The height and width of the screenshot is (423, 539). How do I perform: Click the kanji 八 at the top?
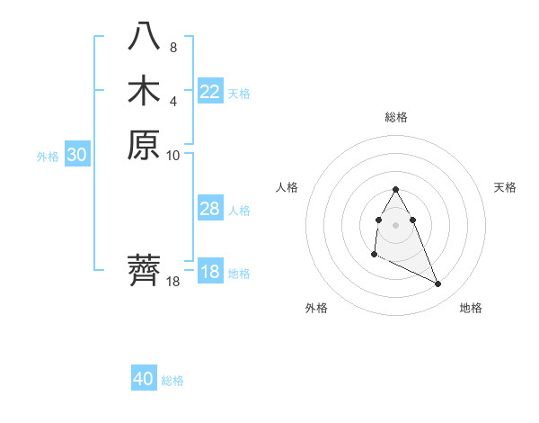144,35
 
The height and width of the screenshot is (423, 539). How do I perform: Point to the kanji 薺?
144,270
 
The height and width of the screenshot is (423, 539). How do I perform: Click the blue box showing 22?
209,92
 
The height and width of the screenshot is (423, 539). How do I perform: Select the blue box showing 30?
77,155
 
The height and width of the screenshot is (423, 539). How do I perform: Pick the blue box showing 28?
209,209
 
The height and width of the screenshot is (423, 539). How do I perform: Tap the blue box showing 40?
144,379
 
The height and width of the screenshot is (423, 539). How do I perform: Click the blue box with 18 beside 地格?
209,272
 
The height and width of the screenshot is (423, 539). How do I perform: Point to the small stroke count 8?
172,47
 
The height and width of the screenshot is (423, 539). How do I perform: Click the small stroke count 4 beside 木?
172,101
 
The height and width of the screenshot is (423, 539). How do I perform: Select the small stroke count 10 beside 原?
173,155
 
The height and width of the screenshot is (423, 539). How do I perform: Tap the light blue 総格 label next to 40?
172,381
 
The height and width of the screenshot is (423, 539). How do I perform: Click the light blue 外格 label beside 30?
48,156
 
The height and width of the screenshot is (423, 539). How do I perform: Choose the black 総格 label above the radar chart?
395,117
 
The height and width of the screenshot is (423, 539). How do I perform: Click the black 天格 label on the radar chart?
505,187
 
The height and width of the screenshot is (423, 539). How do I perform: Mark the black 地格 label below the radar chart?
471,308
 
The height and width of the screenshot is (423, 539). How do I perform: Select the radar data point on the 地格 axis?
438,284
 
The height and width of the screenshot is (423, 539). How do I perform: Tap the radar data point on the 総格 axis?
395,189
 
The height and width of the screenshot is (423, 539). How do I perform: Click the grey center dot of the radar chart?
395,224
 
